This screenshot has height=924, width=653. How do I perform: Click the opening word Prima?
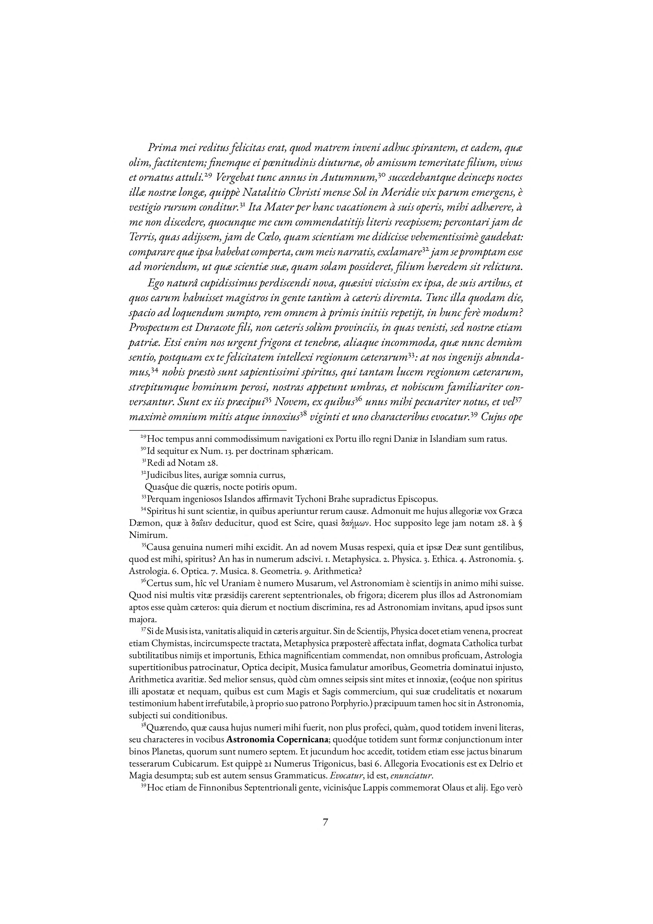click(162, 148)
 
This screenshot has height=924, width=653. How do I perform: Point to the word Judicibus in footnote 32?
click(164, 475)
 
